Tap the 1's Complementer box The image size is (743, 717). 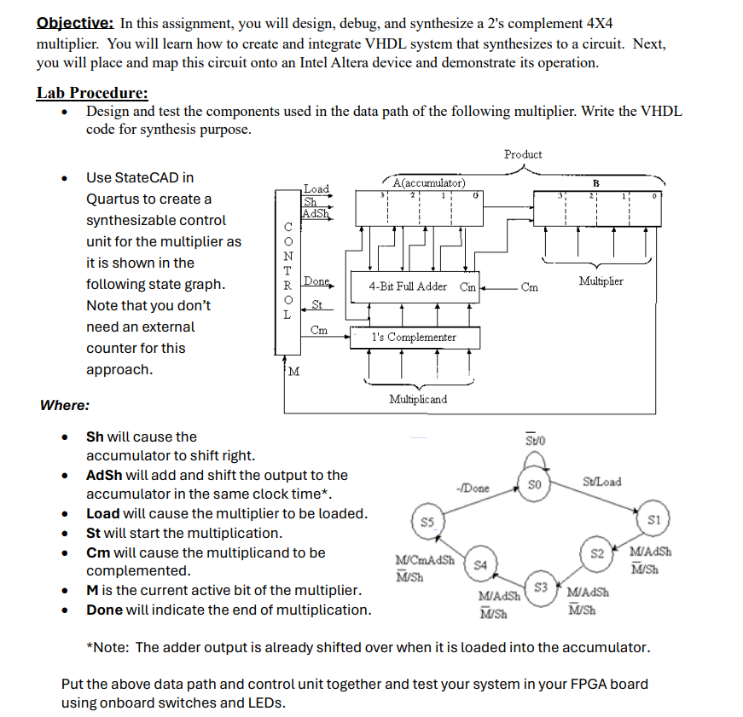tap(414, 337)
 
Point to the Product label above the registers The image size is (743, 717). tap(522, 154)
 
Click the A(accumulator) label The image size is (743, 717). tap(430, 182)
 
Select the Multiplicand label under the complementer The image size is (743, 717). tap(417, 399)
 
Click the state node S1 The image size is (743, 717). tap(654, 519)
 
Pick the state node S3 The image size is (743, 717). tap(539, 587)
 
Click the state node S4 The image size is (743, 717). tap(480, 564)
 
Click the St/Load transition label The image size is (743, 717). tap(602, 482)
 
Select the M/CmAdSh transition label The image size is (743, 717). tap(426, 560)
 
